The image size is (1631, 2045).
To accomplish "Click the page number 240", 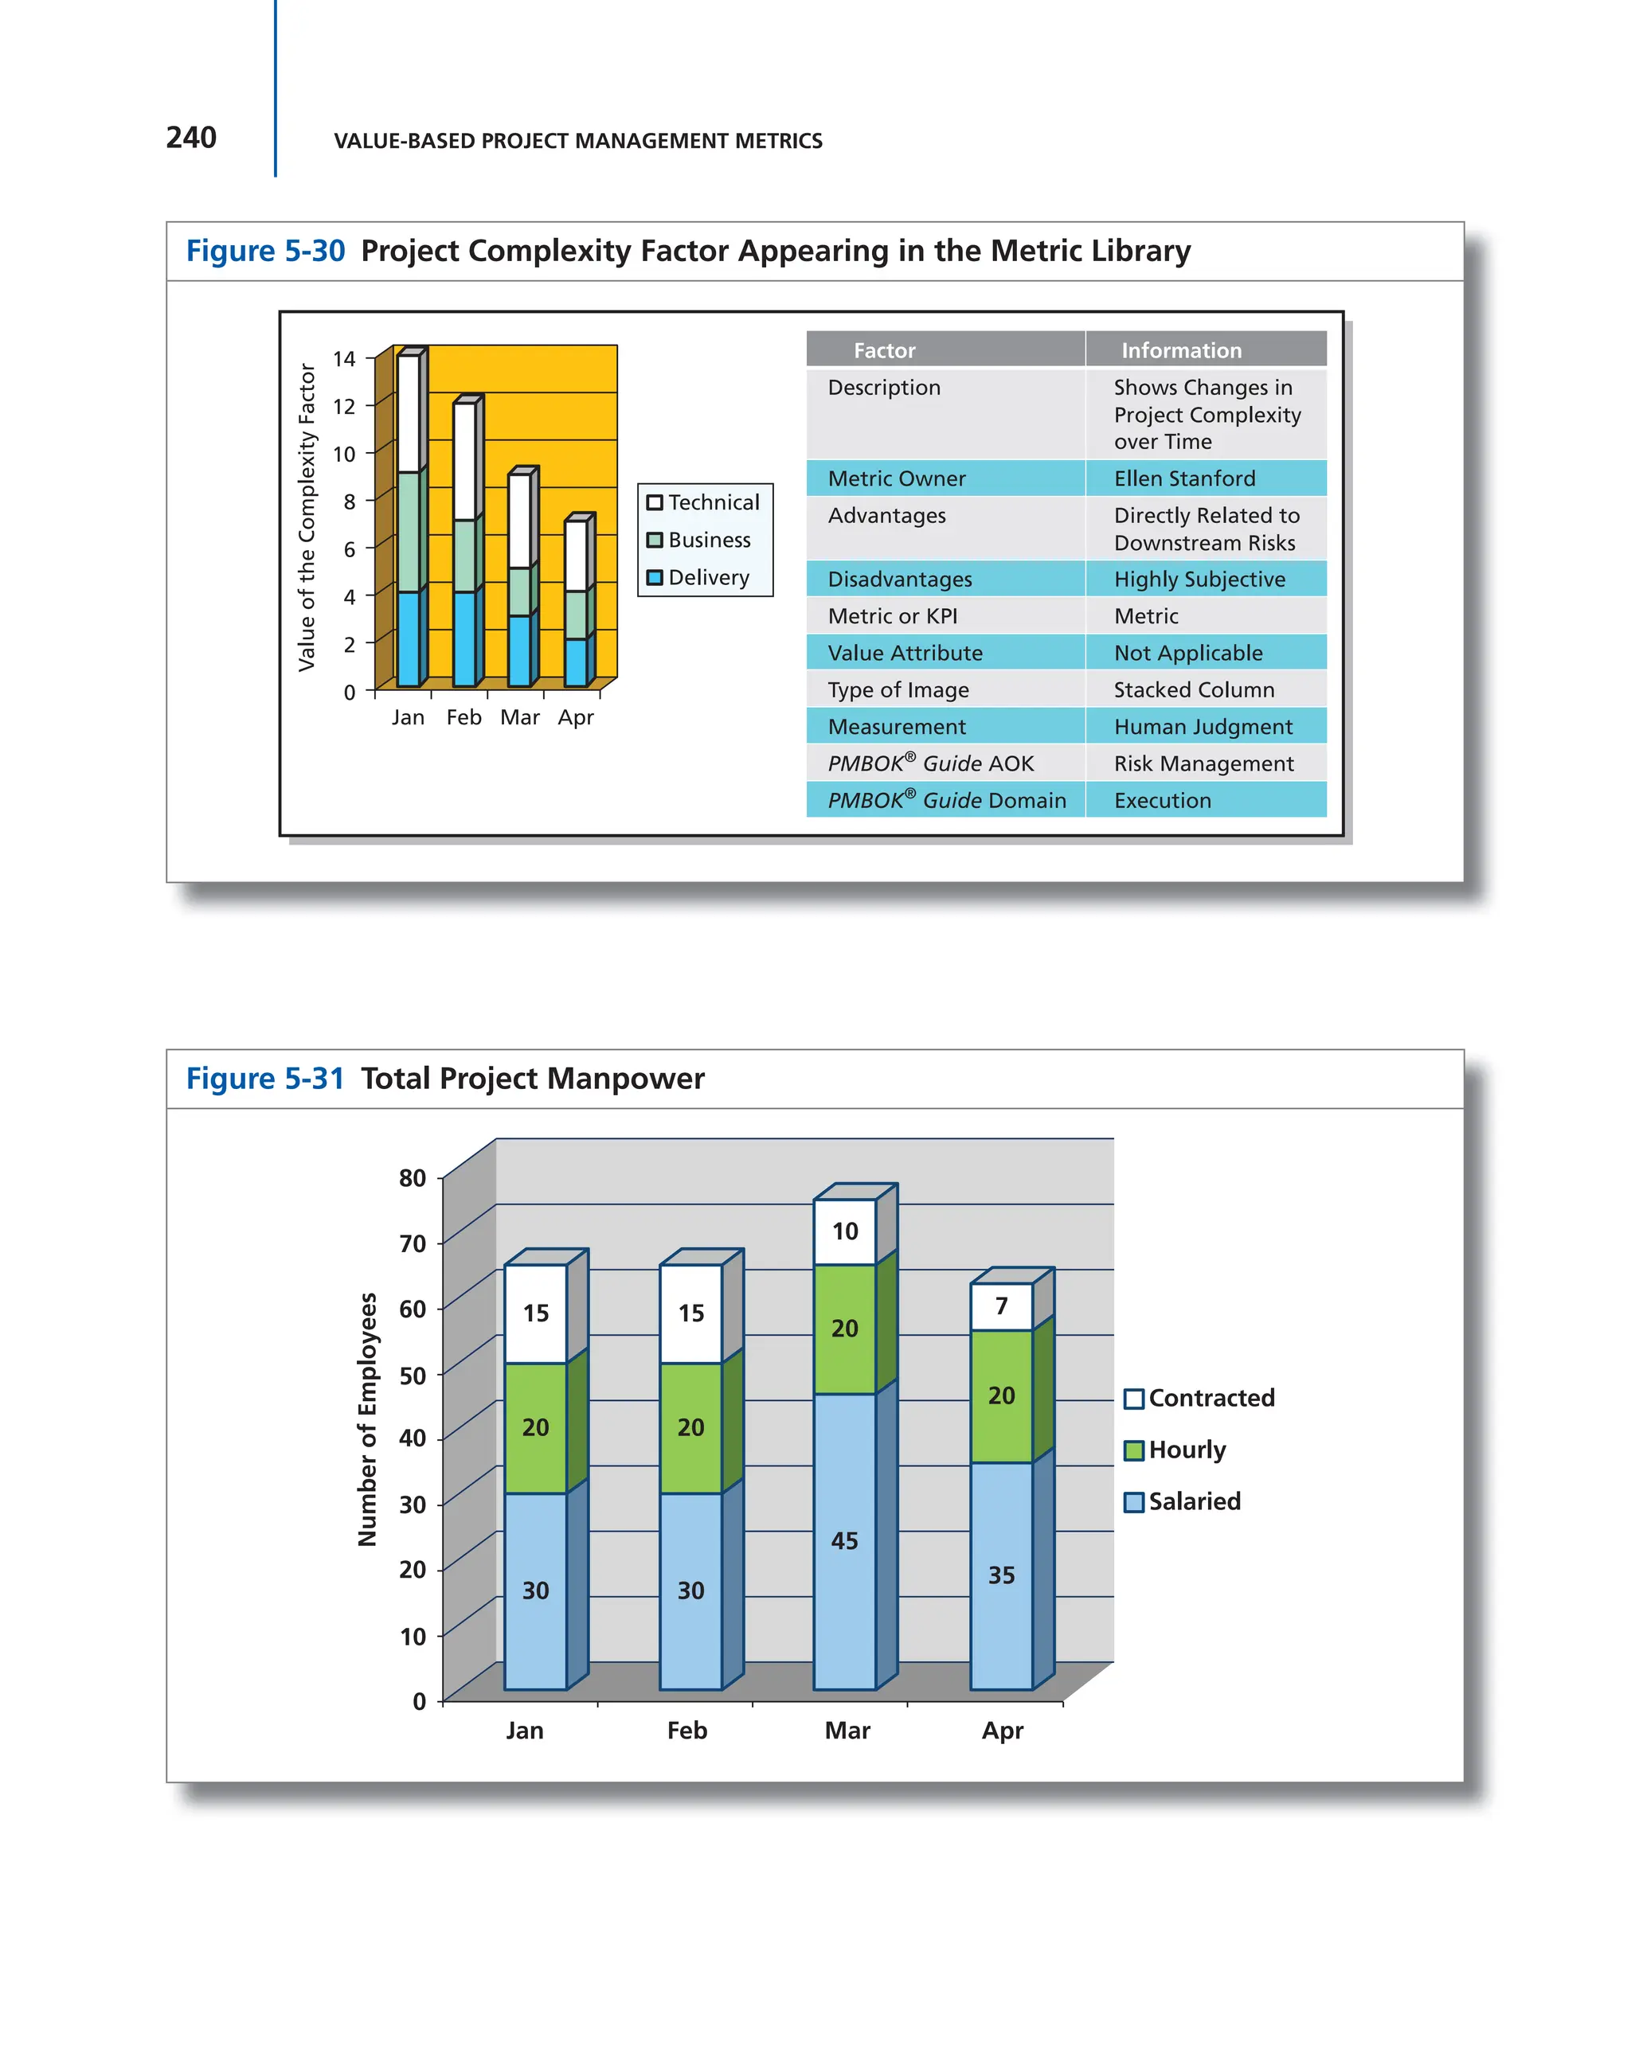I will [x=190, y=138].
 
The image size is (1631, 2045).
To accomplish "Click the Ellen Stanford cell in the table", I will [x=1183, y=478].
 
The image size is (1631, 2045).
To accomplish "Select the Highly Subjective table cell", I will [x=1199, y=579].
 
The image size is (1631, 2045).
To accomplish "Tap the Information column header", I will [x=1180, y=350].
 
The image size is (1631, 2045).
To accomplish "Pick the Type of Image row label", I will [x=898, y=689].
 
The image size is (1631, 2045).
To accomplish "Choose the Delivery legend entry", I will [x=698, y=576].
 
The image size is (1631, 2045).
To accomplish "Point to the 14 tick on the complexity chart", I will [x=343, y=358].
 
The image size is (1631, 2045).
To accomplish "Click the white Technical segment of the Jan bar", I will [x=408, y=414].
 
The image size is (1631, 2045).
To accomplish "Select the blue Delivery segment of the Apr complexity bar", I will [x=575, y=662].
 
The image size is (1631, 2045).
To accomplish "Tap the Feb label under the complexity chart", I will [x=464, y=717].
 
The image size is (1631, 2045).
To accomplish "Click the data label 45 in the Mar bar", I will [x=843, y=1540].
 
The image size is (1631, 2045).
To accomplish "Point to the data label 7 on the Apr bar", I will [x=1001, y=1306].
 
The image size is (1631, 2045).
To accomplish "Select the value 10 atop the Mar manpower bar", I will [x=844, y=1231].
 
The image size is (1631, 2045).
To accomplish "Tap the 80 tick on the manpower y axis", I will [x=412, y=1177].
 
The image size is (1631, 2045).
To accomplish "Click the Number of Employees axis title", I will [x=367, y=1419].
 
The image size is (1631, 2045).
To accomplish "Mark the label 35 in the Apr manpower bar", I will [x=1001, y=1575].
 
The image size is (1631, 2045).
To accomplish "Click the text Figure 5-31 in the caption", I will [x=264, y=1079].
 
